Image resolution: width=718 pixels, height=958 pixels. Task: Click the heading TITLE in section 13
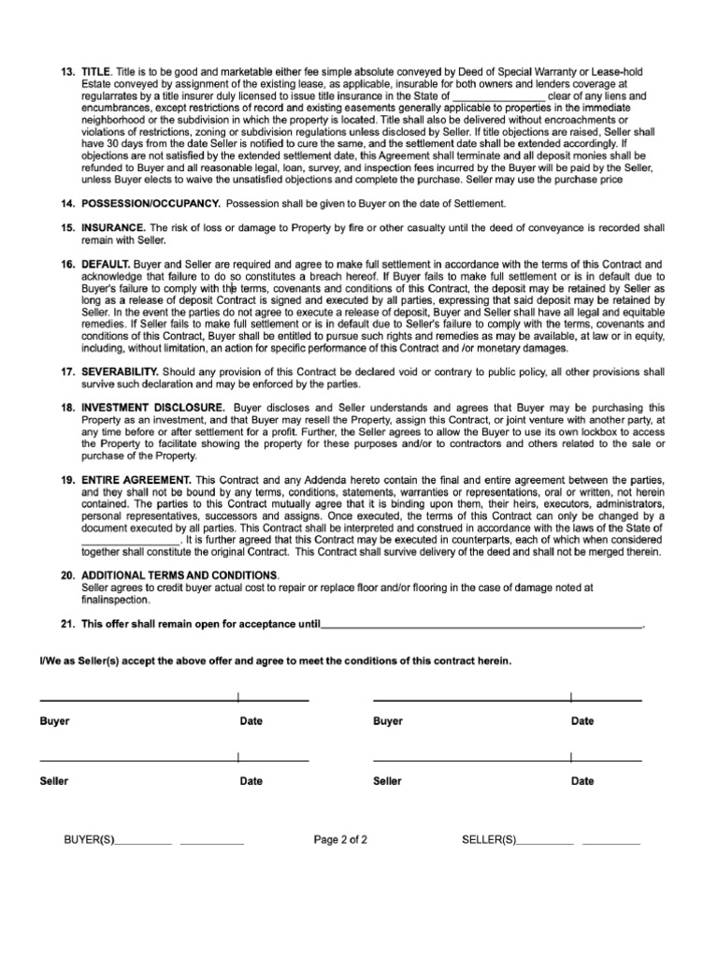pyautogui.click(x=96, y=72)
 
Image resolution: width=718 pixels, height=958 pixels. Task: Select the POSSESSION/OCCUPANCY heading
pyautogui.click(x=151, y=203)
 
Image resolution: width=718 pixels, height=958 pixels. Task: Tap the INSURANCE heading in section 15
pyautogui.click(x=113, y=227)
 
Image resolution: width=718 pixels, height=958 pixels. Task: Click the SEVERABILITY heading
pyautogui.click(x=120, y=371)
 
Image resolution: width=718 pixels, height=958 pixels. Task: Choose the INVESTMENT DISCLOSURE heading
pyautogui.click(x=152, y=408)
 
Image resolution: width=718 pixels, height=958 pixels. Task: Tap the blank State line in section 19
pyautogui.click(x=129, y=541)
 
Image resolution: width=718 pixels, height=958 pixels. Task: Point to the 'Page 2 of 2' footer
pyautogui.click(x=340, y=839)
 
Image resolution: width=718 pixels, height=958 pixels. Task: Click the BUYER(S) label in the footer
pyautogui.click(x=89, y=839)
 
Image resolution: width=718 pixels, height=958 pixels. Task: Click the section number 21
pyautogui.click(x=66, y=623)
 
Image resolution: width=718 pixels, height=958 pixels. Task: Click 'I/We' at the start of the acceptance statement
pyautogui.click(x=49, y=660)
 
